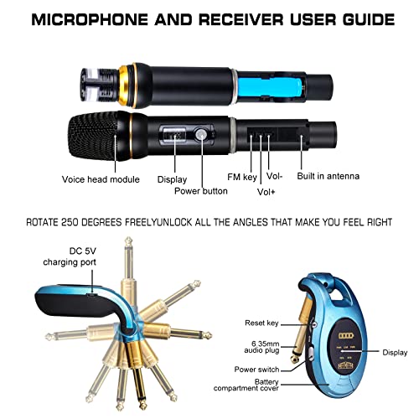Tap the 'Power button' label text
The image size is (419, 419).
click(x=201, y=191)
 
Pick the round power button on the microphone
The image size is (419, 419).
click(x=201, y=134)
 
